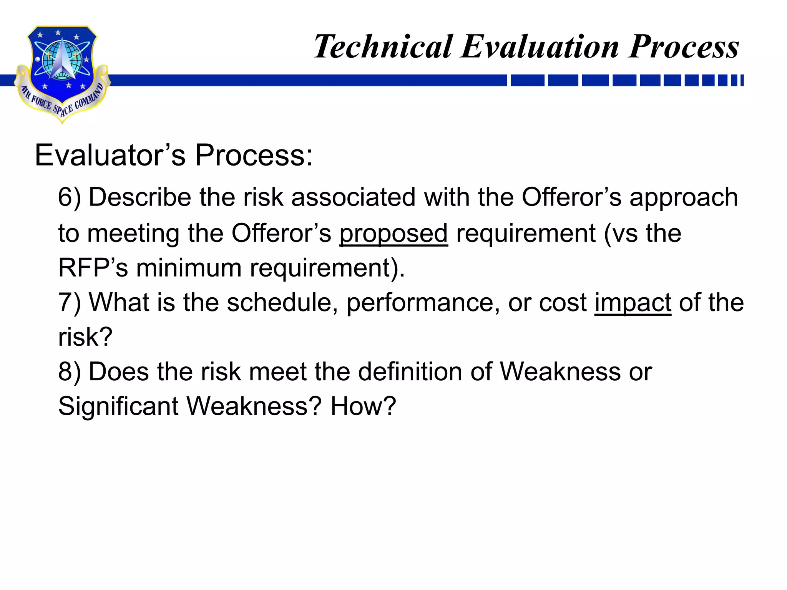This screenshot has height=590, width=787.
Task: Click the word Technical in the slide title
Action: tap(384, 47)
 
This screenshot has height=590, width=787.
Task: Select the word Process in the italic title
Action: tap(684, 47)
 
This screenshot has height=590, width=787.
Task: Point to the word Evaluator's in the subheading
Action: tap(110, 155)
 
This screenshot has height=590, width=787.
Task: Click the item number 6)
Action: tap(70, 197)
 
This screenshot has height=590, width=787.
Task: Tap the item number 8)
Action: tap(70, 372)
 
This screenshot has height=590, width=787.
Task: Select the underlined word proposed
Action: tap(393, 234)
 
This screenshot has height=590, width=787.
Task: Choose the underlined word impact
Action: tap(633, 303)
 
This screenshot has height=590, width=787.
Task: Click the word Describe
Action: tap(140, 197)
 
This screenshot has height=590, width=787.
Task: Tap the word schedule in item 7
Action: tap(279, 303)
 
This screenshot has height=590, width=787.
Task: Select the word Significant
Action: tap(118, 406)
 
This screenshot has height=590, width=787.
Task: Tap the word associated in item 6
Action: tap(353, 197)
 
